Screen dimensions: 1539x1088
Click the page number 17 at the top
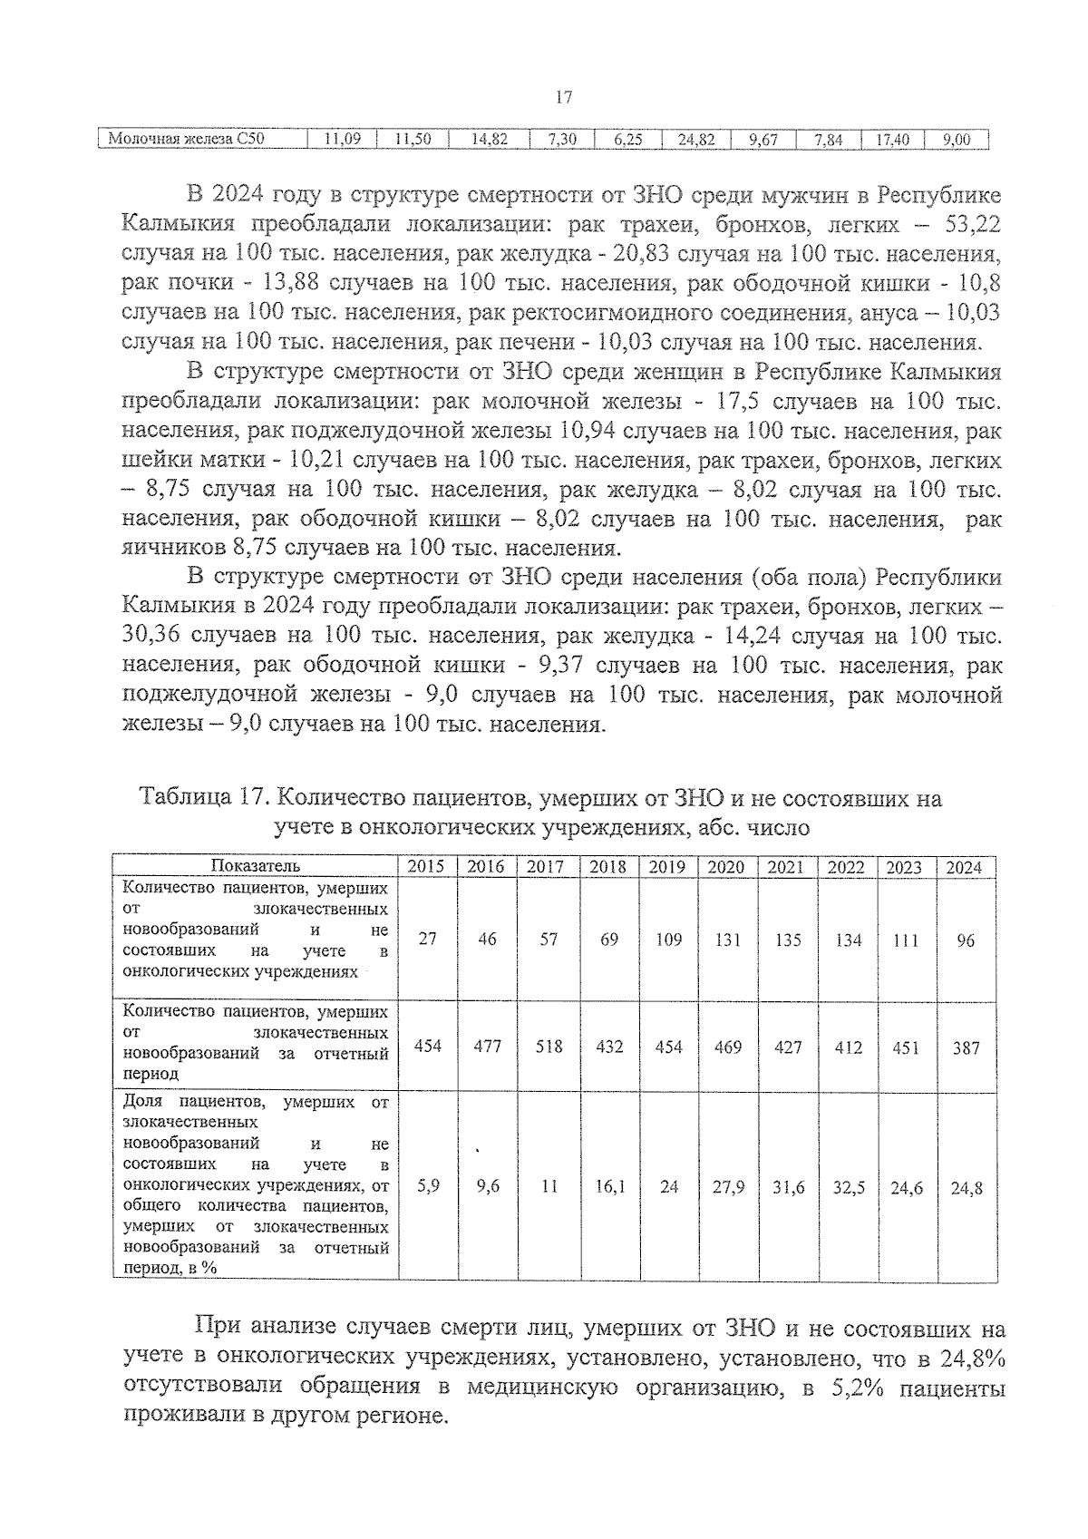point(563,97)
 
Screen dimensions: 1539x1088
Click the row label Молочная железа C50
point(186,140)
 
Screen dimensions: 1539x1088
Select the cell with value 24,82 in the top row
point(696,140)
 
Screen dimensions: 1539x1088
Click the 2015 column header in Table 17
point(426,867)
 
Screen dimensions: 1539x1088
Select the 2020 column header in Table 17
point(725,867)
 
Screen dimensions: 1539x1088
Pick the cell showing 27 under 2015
point(427,940)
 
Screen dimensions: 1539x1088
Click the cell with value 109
point(668,940)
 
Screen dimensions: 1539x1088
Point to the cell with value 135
point(787,940)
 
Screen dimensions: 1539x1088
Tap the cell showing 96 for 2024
point(966,940)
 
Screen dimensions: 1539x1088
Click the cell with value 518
point(548,1047)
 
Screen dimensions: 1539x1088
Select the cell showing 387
point(966,1047)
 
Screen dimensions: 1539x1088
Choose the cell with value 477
point(487,1047)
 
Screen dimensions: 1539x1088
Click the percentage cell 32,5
point(848,1187)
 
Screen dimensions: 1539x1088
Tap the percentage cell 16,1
point(609,1186)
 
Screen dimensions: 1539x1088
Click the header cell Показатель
point(255,867)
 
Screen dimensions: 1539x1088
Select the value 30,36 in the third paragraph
point(151,637)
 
